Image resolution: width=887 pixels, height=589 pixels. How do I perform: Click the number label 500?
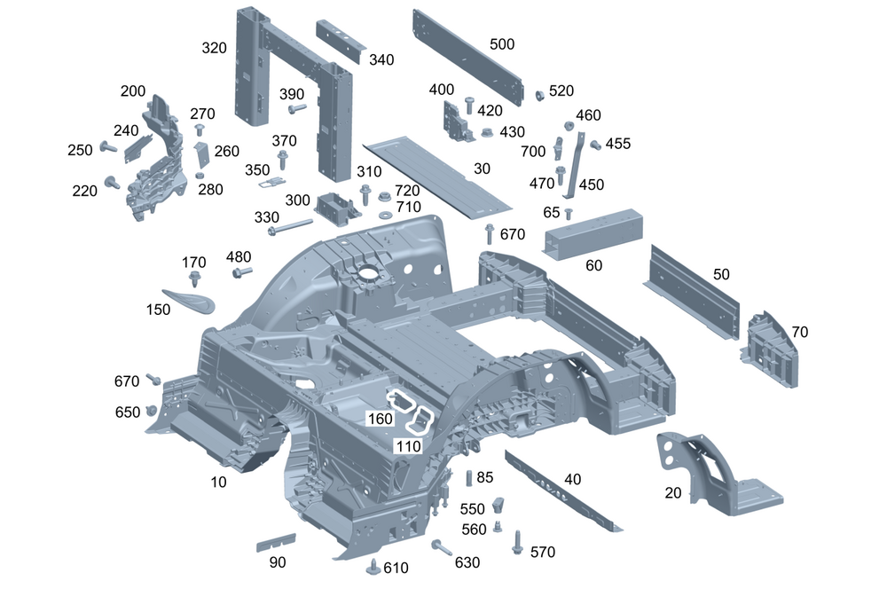[501, 43]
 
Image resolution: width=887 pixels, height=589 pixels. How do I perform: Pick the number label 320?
[214, 48]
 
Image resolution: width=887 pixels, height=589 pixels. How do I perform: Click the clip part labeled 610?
[373, 566]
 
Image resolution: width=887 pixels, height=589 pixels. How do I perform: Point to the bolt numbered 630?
[440, 546]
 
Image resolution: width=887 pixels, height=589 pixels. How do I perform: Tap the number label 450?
[591, 185]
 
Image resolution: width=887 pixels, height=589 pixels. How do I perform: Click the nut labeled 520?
[538, 95]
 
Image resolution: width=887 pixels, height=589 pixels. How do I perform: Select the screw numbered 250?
[106, 147]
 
